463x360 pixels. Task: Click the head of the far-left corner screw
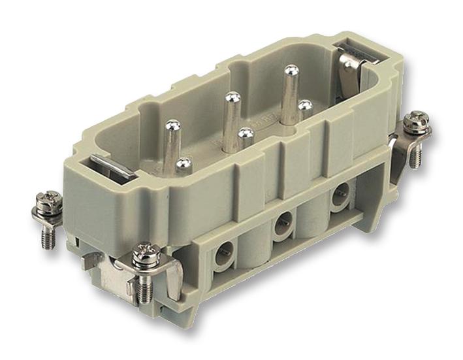pos(46,199)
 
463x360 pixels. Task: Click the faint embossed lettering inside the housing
pos(268,121)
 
